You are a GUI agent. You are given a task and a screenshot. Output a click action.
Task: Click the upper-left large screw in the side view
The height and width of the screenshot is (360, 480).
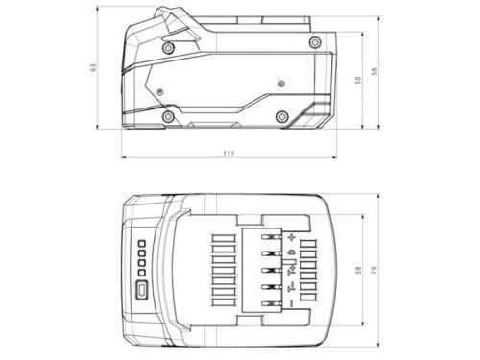(x=169, y=48)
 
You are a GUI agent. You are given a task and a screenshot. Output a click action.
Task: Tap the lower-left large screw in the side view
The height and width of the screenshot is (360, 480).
(x=169, y=117)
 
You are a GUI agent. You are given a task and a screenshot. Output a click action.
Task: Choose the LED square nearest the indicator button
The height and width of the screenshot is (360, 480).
(x=140, y=272)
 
